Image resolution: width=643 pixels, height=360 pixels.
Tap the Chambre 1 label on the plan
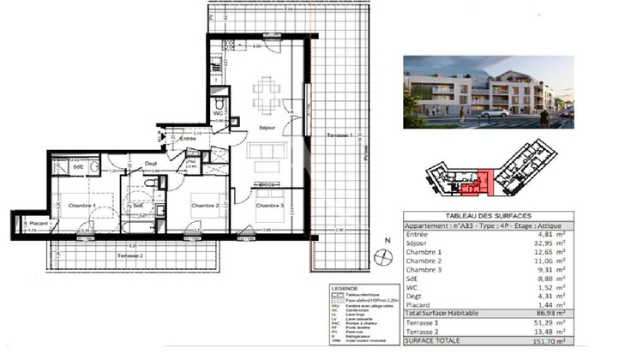click(76, 205)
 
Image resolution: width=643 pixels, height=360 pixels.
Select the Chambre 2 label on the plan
click(207, 206)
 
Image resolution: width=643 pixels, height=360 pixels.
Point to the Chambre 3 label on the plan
click(268, 206)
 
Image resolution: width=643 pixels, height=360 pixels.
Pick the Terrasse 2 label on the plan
click(129, 256)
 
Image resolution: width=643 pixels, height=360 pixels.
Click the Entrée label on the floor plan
click(188, 137)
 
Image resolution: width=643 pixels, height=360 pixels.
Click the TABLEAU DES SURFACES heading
click(486, 214)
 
